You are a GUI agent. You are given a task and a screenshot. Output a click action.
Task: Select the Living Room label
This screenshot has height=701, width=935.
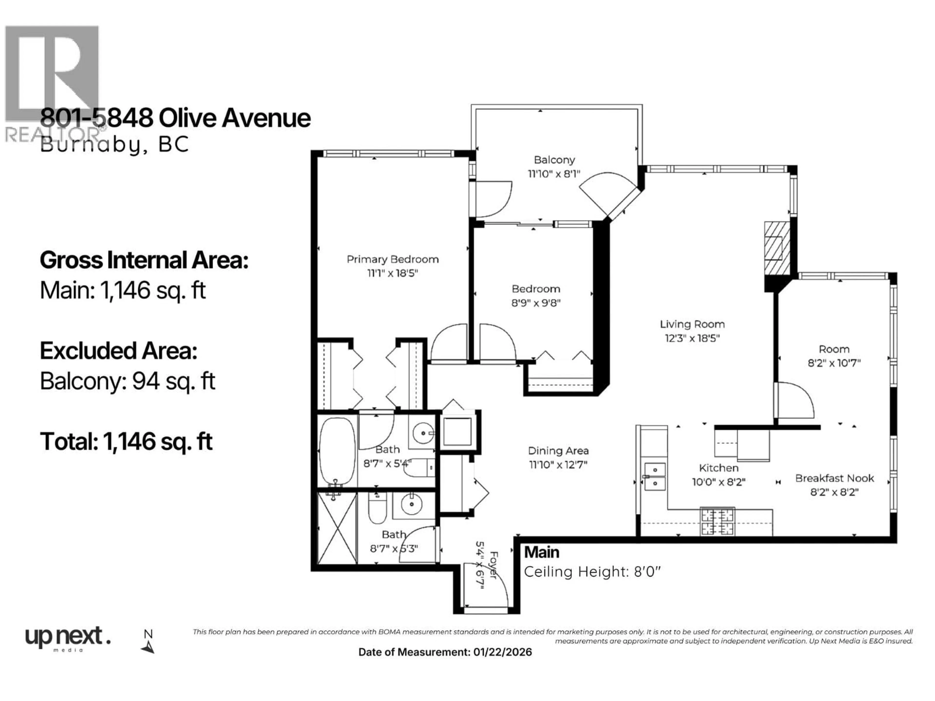pos(692,324)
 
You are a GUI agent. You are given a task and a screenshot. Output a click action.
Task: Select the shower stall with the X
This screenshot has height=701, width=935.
pos(337,528)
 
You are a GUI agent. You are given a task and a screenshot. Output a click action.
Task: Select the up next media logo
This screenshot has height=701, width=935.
pos(68,638)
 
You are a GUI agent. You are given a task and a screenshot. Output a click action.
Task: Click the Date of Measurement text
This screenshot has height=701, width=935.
pos(445,652)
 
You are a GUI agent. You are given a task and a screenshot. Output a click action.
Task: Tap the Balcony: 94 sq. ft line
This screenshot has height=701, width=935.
pos(127,381)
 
